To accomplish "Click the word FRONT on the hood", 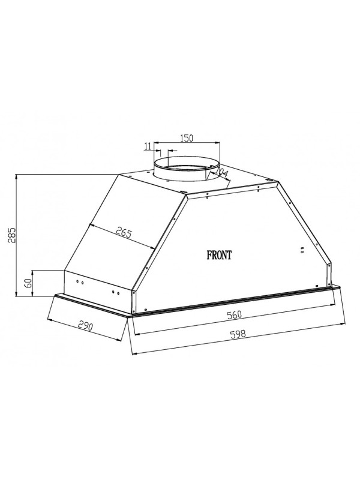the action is tap(219, 254).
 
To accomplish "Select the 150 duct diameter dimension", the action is tap(187, 138).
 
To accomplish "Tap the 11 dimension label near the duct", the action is tap(148, 146).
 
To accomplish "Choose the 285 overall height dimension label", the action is tap(11, 235).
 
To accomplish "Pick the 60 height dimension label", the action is tap(28, 283).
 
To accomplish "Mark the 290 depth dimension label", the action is tap(85, 326).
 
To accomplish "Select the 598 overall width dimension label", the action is tap(238, 334).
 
